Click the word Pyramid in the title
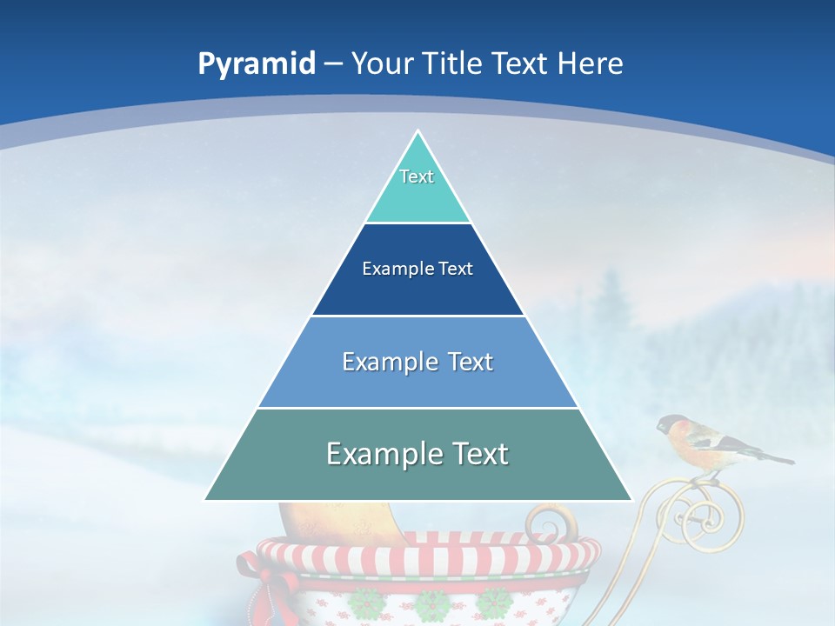tap(256, 64)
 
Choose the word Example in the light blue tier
tap(382, 362)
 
